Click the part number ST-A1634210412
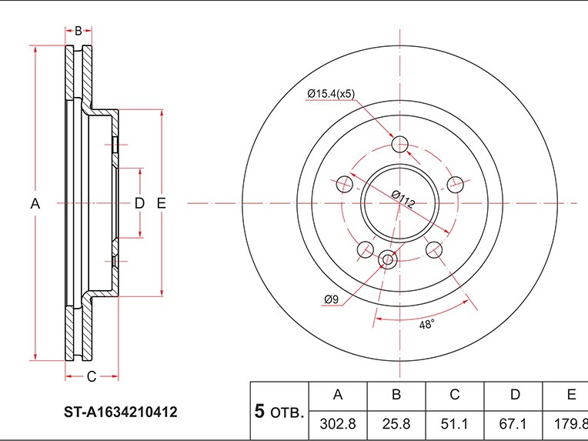[120, 413]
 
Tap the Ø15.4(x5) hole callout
[330, 94]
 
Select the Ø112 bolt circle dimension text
[403, 199]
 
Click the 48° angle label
[427, 325]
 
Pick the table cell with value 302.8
[337, 423]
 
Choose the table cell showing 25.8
[396, 423]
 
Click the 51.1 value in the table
[454, 423]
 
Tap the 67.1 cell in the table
[513, 423]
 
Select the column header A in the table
[337, 395]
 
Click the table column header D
[513, 395]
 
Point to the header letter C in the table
[454, 395]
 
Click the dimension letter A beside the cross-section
[35, 204]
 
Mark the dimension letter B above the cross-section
[78, 31]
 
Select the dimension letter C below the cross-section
[90, 376]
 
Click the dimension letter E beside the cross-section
[161, 203]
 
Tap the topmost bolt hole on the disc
[400, 144]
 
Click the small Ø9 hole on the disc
[388, 259]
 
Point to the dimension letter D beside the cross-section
[139, 203]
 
